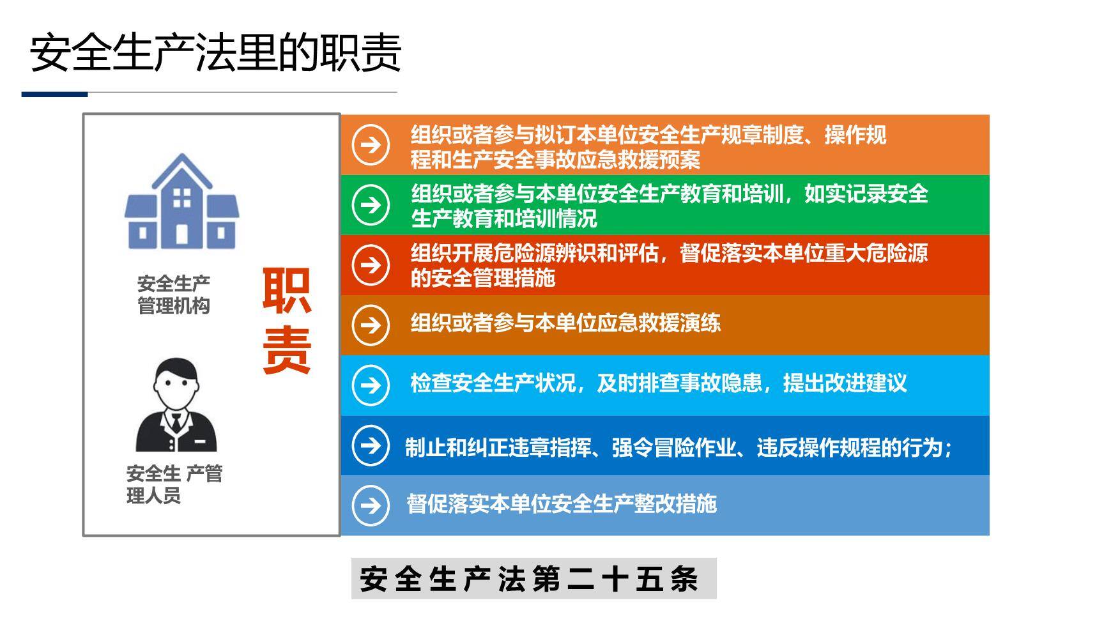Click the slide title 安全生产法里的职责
click(x=215, y=52)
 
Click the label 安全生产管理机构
click(x=174, y=295)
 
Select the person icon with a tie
click(x=176, y=405)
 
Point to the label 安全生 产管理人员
click(x=174, y=484)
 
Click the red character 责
click(x=287, y=350)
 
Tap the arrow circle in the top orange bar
click(x=371, y=145)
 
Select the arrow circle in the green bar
click(x=371, y=205)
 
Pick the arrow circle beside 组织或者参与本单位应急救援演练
click(x=371, y=325)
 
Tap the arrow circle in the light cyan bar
click(x=371, y=385)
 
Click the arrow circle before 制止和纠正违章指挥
click(x=371, y=445)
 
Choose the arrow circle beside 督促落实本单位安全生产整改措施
click(x=371, y=505)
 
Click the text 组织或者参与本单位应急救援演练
click(x=565, y=323)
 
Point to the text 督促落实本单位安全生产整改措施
click(x=562, y=504)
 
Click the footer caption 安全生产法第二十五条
click(x=530, y=579)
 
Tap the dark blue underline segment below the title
click(x=54, y=95)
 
